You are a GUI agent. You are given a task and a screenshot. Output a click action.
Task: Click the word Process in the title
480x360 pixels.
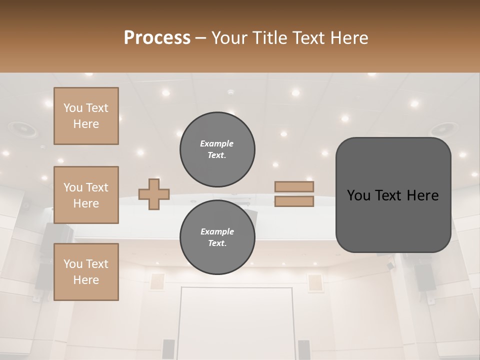(x=157, y=38)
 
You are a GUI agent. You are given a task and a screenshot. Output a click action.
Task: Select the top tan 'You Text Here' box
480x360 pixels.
(x=86, y=116)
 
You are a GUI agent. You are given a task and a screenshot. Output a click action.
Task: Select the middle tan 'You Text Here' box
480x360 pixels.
(x=86, y=195)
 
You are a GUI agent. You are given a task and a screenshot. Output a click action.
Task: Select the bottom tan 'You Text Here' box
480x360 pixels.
(x=86, y=272)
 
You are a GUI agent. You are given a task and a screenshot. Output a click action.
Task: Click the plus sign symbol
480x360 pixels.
(x=154, y=194)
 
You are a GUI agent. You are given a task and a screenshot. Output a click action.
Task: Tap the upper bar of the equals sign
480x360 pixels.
(x=294, y=186)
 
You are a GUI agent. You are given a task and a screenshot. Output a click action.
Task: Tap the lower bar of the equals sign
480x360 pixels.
(x=294, y=201)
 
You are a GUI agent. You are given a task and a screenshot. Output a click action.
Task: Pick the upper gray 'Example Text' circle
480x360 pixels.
(x=217, y=149)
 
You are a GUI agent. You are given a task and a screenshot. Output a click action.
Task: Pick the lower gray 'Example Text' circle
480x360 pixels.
(x=217, y=237)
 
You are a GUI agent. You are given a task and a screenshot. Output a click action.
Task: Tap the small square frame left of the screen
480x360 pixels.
(x=157, y=281)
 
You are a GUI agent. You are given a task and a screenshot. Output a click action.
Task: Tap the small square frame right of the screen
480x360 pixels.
(x=315, y=282)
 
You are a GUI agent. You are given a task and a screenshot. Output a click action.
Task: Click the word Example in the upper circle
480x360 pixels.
(x=216, y=143)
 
